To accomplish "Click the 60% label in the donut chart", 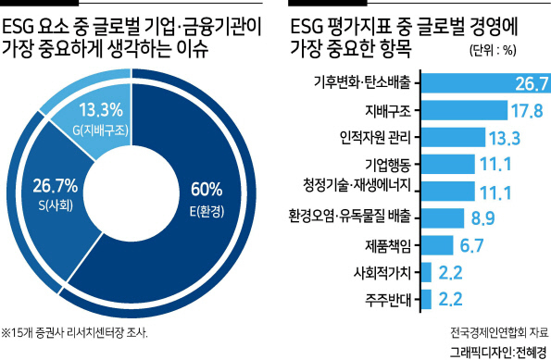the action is click(207, 190).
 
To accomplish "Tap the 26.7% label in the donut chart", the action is click(56, 185).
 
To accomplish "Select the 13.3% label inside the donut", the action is click(101, 109).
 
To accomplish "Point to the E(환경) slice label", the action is click(207, 211).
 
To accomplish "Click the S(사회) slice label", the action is click(56, 205).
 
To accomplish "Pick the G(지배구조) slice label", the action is click(101, 130).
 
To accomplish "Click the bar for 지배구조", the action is click(465, 110).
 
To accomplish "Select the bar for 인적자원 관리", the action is click(454, 137).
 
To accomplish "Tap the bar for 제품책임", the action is click(437, 245).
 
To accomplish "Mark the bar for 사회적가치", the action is click(427, 272).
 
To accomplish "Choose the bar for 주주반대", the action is click(427, 299).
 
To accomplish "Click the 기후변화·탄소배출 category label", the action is click(362, 82).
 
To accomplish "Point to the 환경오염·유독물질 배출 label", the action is click(350, 216).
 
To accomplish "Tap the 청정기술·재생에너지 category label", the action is click(357, 185).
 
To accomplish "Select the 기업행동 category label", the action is click(388, 165).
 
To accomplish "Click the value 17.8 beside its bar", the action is click(527, 111).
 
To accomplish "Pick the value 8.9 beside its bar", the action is click(482, 218).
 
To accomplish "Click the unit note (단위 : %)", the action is click(493, 51).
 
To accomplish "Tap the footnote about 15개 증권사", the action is click(74, 333).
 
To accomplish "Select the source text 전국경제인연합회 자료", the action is click(499, 332).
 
